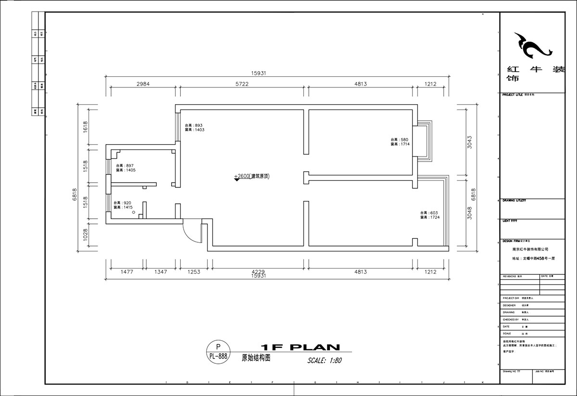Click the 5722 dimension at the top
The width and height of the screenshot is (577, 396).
[241, 84]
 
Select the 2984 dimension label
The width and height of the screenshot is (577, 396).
[143, 84]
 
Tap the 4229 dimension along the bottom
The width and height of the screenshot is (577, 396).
[258, 272]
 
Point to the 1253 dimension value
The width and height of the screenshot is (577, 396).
[194, 272]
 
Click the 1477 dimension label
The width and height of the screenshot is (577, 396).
[126, 272]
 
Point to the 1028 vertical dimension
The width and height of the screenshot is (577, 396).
[85, 234]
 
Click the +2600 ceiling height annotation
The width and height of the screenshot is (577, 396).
[252, 176]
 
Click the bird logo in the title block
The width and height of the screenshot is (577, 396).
[534, 47]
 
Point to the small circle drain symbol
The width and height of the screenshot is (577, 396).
[134, 212]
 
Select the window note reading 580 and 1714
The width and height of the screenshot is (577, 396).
[400, 142]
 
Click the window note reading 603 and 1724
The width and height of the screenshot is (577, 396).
[430, 215]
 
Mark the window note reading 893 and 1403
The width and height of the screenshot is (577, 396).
[195, 127]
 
